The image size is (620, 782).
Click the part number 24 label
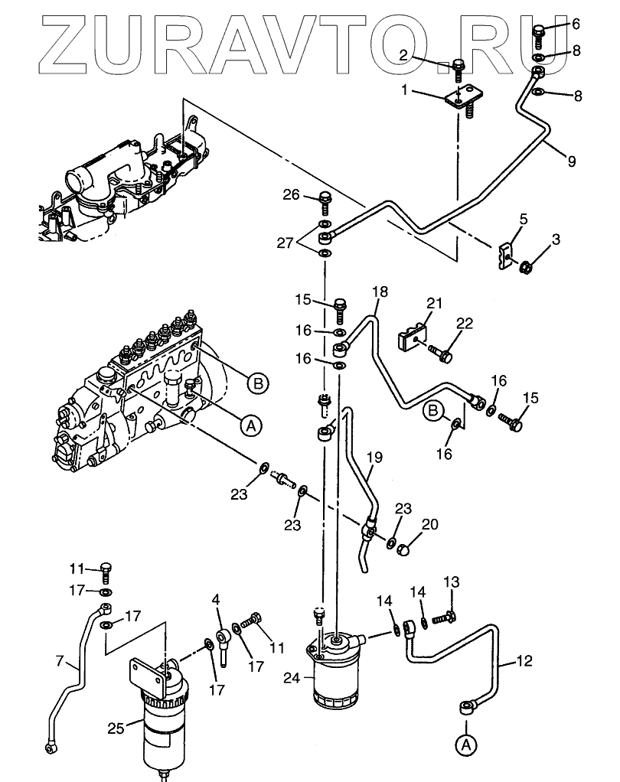tap(292, 678)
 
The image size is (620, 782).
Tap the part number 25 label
tap(116, 728)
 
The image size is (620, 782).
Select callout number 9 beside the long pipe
tap(571, 161)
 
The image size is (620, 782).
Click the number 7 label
tap(60, 661)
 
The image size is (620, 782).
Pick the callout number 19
tap(374, 457)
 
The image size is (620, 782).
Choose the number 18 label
tap(380, 292)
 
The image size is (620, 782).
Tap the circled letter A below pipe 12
tap(466, 745)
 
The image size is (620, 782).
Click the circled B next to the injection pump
tap(258, 383)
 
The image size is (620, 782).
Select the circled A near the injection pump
tap(251, 425)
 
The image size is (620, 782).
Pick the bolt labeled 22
tap(440, 353)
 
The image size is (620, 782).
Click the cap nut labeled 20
tap(403, 549)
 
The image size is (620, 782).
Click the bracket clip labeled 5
tap(504, 256)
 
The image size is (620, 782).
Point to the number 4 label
tap(216, 598)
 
